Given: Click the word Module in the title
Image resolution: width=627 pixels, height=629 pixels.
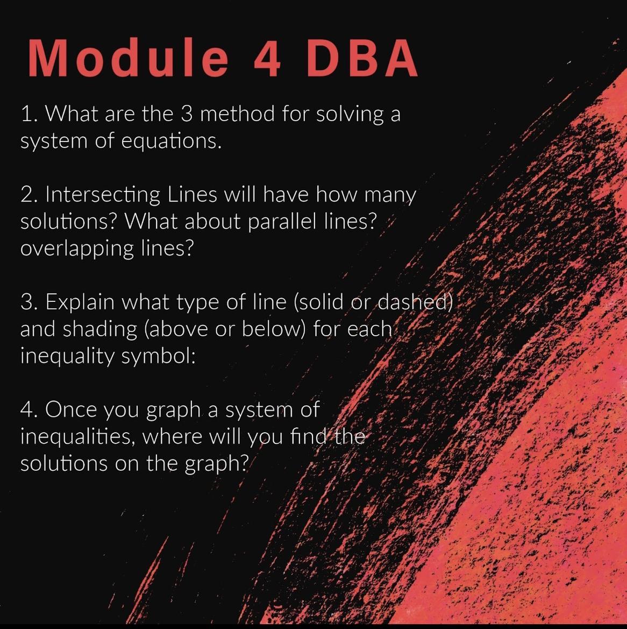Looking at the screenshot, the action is click(x=128, y=58).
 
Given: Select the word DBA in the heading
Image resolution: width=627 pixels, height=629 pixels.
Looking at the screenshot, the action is click(x=362, y=58).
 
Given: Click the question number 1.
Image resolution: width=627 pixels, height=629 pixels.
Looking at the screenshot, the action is click(x=29, y=114).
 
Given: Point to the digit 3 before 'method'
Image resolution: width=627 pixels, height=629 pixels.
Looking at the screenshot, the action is click(x=187, y=114).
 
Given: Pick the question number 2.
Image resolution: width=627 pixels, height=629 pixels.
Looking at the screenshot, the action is click(x=29, y=195).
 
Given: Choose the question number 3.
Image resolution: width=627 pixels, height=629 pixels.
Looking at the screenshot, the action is click(x=29, y=302).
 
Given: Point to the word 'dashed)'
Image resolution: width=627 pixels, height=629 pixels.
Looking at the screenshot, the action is click(x=416, y=302).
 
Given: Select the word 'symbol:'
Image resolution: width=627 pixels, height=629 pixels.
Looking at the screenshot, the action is click(x=158, y=357).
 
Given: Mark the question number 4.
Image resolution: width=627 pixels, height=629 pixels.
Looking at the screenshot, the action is click(x=29, y=409).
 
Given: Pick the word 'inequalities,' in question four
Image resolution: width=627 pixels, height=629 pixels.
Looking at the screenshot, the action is click(x=77, y=437).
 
